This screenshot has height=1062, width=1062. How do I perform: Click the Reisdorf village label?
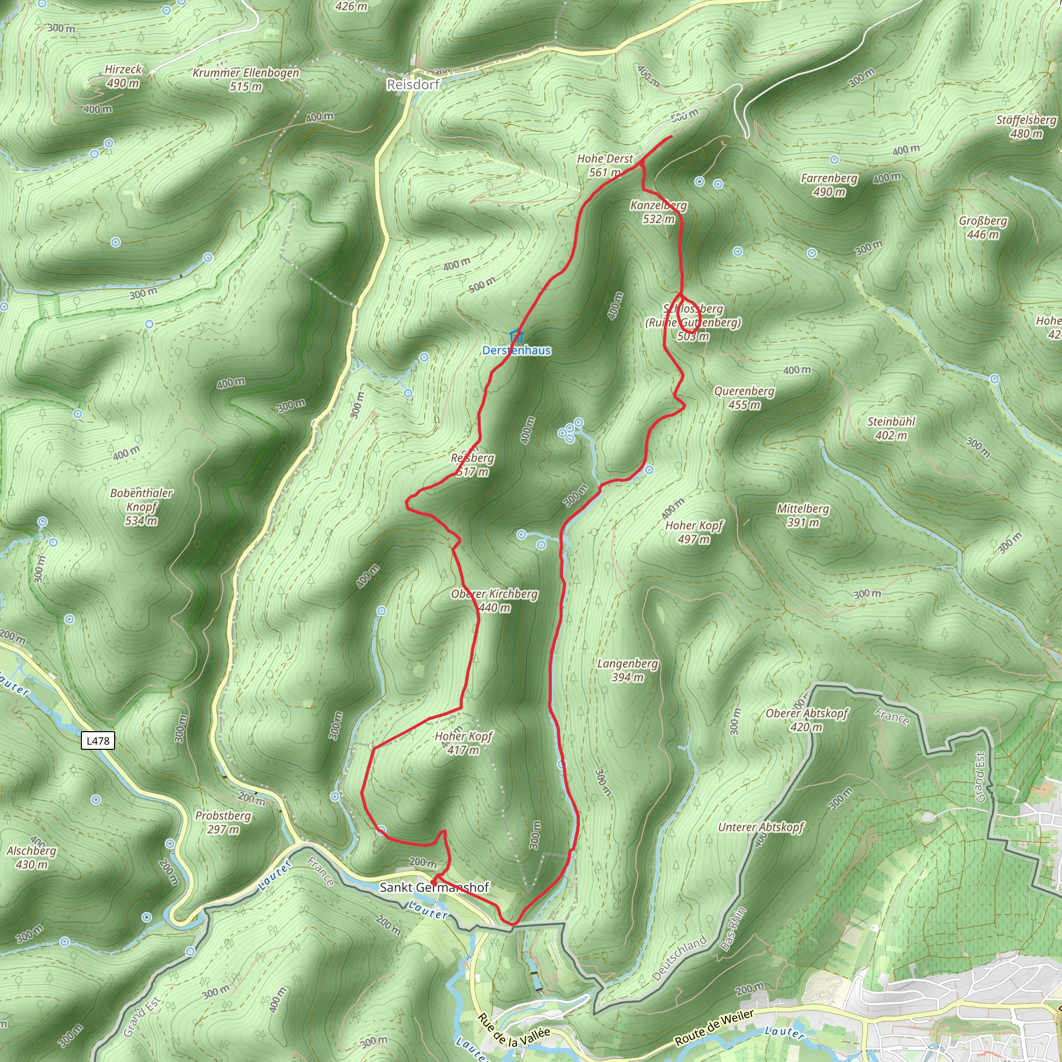coord(413,85)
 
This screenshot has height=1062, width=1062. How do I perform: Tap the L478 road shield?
coord(98,740)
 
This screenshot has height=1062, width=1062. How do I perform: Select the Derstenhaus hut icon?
coord(515,336)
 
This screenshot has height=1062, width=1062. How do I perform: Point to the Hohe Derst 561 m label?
coord(605,165)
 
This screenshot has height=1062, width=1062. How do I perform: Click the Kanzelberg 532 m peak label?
coord(659,212)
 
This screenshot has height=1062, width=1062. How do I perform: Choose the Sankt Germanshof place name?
coord(434,887)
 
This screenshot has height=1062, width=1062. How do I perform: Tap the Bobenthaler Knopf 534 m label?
coord(141,507)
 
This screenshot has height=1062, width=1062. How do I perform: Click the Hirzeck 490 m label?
coord(123,76)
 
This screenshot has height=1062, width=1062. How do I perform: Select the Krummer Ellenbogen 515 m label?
coord(246,80)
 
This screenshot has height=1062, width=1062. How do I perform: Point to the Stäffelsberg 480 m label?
coord(1026,127)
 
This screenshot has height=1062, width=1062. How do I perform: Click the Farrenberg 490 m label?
coord(829,185)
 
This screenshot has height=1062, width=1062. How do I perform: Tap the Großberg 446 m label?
coord(983,228)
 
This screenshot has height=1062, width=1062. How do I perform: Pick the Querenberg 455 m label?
coord(744,398)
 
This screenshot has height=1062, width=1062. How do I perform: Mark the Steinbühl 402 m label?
coord(891,428)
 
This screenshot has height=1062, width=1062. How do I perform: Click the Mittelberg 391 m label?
coord(803,515)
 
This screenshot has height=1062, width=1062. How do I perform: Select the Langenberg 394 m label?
coord(628,670)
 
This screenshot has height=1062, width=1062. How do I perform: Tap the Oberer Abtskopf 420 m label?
coord(807,720)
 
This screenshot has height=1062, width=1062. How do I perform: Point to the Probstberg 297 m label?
coord(223,822)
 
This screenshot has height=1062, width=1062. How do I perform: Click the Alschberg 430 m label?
coord(32,858)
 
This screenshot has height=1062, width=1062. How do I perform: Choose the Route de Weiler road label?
coord(714,1028)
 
